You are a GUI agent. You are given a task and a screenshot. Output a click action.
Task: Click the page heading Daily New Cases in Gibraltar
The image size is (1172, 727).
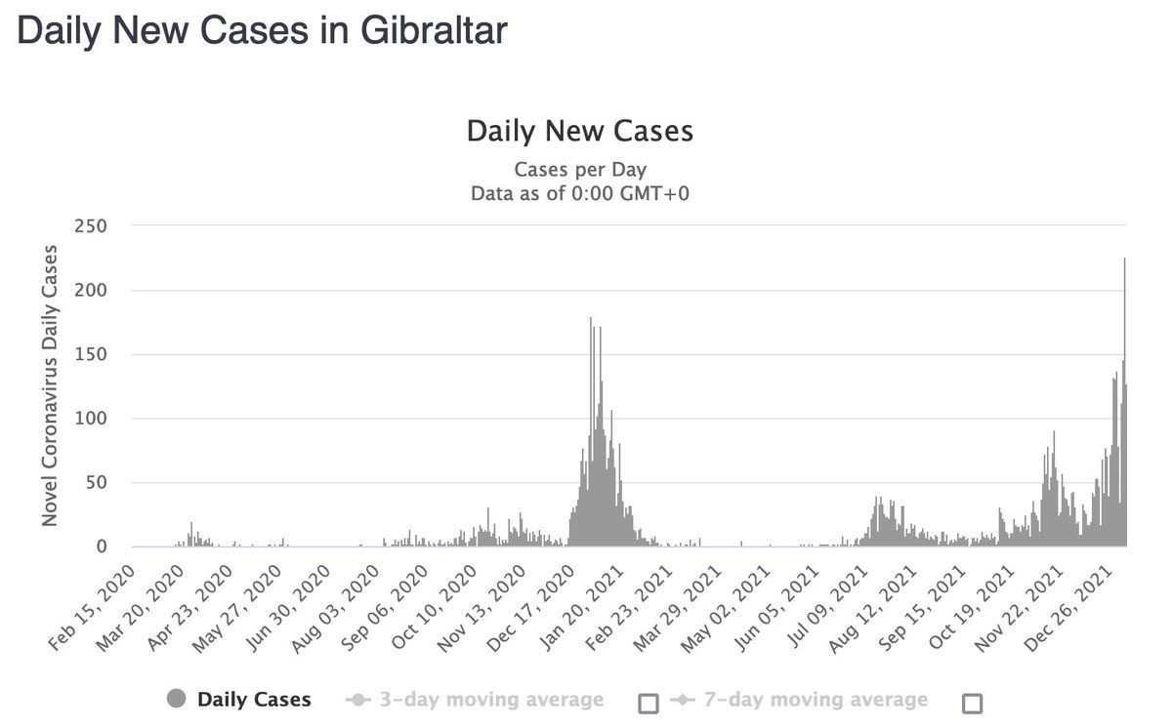(263, 30)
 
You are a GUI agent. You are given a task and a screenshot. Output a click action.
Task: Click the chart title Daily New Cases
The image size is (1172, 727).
(580, 131)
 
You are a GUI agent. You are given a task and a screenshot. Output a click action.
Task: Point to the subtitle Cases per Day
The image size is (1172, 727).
(580, 168)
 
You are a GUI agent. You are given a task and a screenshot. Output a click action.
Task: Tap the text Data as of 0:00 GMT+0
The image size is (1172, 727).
(580, 192)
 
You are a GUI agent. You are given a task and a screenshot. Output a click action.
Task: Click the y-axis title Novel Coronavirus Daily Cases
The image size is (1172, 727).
(50, 385)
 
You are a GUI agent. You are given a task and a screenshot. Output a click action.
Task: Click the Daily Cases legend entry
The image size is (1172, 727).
(254, 699)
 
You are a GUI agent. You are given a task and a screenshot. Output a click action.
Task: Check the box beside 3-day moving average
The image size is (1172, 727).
(648, 703)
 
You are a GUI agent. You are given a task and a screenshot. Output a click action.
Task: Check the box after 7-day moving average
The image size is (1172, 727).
(972, 703)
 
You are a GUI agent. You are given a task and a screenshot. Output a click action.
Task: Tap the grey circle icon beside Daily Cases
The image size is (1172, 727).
(177, 699)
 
